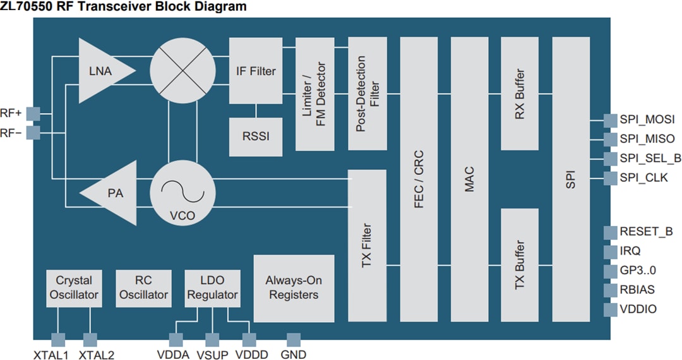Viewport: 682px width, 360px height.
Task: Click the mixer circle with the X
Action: (182, 70)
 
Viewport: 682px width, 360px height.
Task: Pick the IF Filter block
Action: (255, 71)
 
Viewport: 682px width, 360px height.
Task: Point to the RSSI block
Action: (255, 135)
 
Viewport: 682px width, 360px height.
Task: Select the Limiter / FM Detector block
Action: (314, 94)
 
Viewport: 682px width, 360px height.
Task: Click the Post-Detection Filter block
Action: (367, 94)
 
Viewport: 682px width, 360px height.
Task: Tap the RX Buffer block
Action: (519, 93)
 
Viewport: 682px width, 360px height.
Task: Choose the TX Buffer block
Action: (519, 265)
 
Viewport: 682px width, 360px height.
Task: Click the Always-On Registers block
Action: (294, 288)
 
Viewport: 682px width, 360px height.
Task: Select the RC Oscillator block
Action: (144, 288)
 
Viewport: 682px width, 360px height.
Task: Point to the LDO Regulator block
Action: (212, 288)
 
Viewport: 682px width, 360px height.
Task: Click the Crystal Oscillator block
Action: (74, 288)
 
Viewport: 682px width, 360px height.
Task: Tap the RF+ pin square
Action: (33, 113)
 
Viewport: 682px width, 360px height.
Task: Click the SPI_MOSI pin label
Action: (647, 119)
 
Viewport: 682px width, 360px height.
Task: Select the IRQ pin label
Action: (630, 251)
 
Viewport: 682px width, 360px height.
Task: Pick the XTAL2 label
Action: (97, 355)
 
